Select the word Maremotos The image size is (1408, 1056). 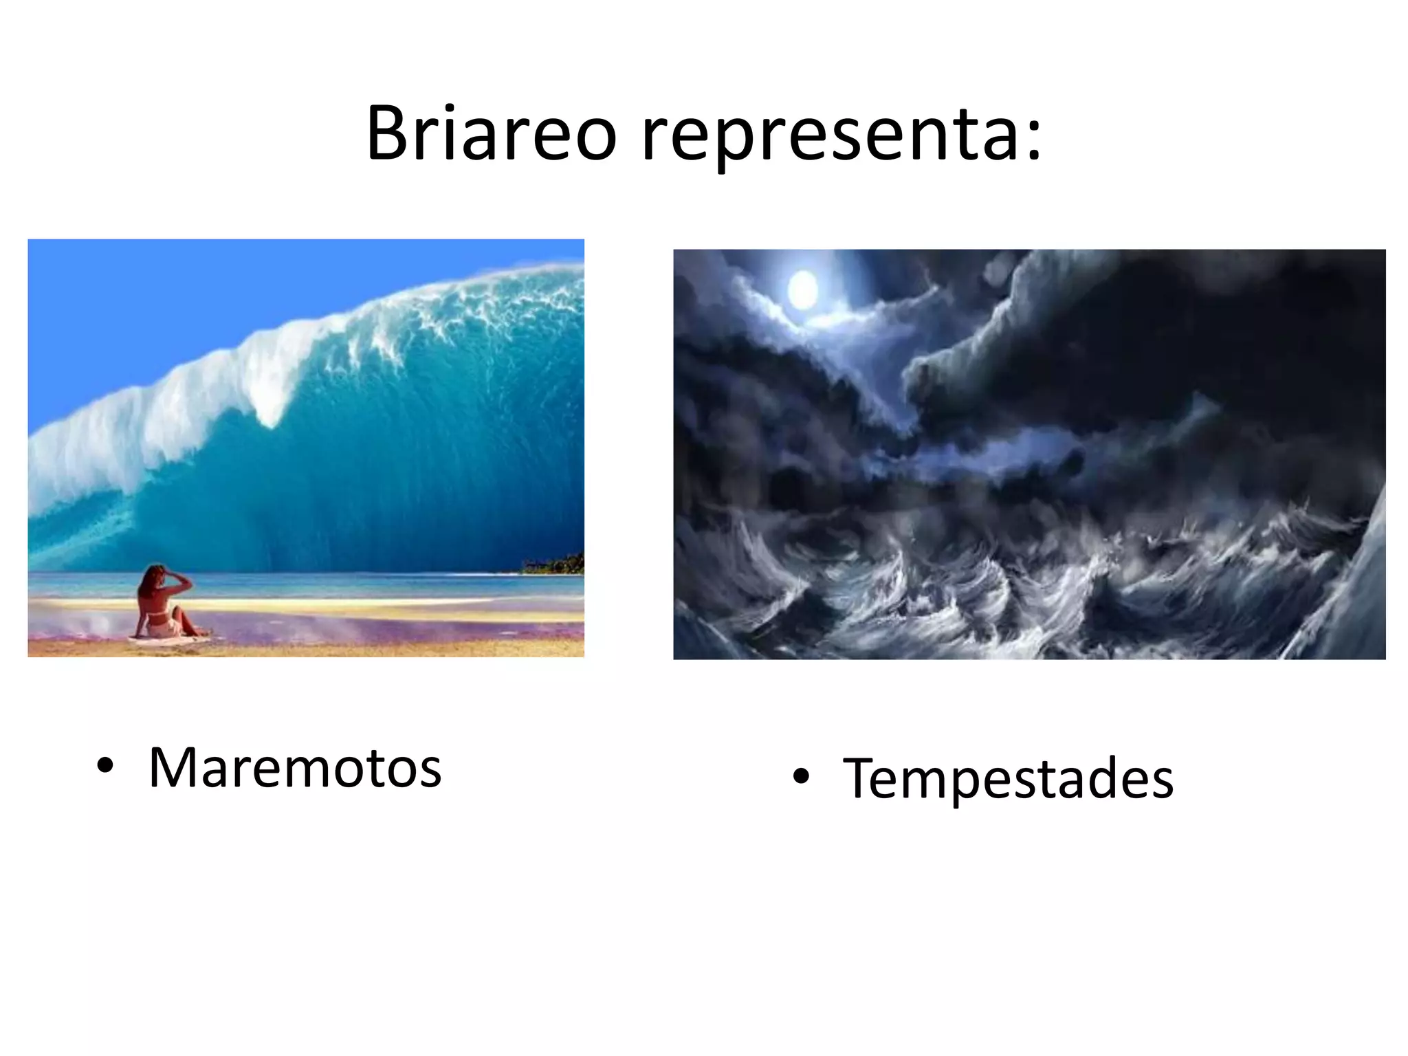pos(294,767)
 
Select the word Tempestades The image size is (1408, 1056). pos(1008,778)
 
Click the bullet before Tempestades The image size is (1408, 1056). pos(800,777)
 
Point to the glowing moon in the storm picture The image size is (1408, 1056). pos(802,290)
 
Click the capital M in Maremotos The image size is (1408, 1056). pos(172,767)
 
